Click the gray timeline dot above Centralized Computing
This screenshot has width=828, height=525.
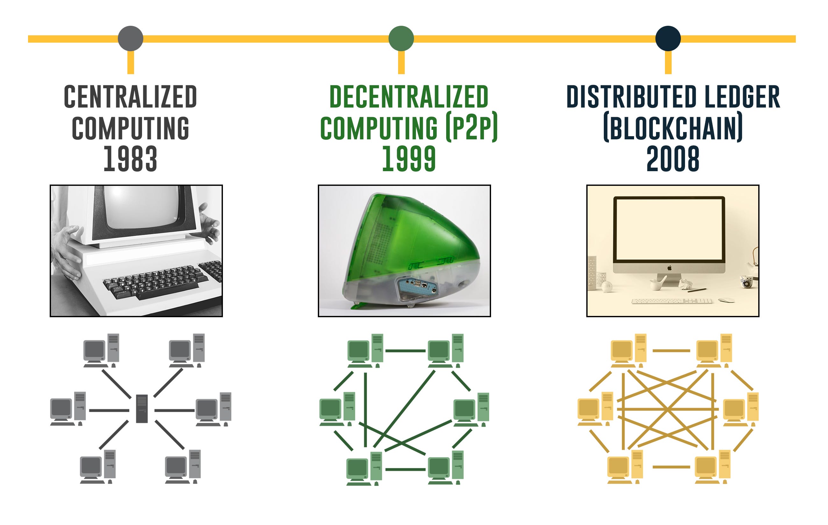[130, 38]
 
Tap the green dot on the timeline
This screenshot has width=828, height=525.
[401, 38]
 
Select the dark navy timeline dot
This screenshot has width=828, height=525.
[668, 38]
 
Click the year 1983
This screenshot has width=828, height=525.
[130, 159]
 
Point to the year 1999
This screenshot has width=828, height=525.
[409, 159]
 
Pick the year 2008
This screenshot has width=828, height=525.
[673, 159]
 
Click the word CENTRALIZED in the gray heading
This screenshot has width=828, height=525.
[130, 97]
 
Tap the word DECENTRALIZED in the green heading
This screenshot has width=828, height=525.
[409, 97]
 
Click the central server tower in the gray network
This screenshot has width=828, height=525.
[142, 409]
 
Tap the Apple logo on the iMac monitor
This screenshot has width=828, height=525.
[669, 268]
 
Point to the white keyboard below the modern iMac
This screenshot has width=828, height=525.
[672, 301]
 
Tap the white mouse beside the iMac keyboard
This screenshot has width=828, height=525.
[726, 300]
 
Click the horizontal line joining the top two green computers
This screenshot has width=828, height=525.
[405, 351]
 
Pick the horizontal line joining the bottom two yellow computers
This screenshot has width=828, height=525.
[671, 467]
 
